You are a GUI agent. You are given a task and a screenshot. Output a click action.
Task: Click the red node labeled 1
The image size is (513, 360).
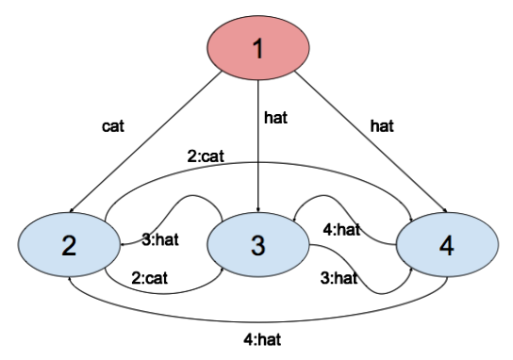coord(258,48)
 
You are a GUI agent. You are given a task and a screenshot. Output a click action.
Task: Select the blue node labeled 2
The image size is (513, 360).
coord(69,245)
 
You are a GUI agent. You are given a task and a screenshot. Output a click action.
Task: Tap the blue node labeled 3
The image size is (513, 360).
coord(258,245)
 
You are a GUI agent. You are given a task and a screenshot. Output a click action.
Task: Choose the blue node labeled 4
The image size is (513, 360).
coord(447,245)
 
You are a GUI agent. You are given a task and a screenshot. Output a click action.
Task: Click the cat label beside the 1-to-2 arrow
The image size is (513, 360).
coord(113,126)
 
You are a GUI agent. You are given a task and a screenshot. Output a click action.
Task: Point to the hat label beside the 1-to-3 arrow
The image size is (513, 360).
coord(275,118)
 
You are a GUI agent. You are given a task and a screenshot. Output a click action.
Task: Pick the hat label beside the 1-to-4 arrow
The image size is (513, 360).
coord(382,126)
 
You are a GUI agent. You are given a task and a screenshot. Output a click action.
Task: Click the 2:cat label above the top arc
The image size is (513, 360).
coord(206,155)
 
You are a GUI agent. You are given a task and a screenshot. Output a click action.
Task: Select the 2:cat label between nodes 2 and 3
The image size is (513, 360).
coord(150,278)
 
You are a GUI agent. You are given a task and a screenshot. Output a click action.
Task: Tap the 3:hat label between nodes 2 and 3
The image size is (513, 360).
coord(160,239)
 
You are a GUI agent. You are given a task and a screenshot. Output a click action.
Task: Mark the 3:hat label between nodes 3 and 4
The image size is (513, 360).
coord(339,278)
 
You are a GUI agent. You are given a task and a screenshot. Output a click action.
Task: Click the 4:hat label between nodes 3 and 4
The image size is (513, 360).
coord(341,230)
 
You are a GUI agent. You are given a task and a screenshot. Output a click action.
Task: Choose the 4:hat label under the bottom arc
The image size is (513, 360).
coord(262,340)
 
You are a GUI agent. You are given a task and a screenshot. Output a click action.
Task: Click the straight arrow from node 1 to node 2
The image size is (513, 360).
coord(146,142)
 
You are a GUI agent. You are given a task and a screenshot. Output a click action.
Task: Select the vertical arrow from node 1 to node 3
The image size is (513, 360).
coord(258,146)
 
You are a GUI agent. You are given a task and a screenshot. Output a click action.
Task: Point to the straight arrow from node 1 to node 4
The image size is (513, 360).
coord(371,142)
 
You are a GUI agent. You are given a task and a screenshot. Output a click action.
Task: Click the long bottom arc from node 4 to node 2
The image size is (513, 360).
coord(258,322)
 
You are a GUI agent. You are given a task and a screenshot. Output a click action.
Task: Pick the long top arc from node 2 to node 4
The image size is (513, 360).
coord(258,162)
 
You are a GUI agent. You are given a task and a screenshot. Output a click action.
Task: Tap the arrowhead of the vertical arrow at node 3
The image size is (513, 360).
coord(258,210)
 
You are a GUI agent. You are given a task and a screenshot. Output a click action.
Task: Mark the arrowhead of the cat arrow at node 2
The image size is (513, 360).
coord(72,211)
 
